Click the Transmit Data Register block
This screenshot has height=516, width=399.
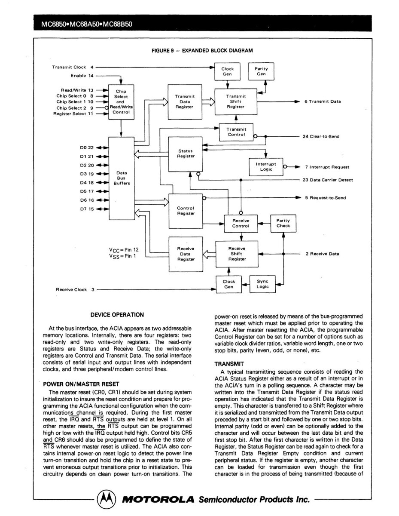(x=185, y=102)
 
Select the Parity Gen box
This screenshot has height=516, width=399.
(x=261, y=71)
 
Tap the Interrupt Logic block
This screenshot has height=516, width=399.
(x=266, y=167)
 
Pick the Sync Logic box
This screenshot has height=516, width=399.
(x=262, y=284)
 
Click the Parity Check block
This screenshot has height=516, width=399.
(x=283, y=223)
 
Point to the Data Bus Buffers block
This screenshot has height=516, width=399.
(x=122, y=178)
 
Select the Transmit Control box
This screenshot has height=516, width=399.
(x=236, y=132)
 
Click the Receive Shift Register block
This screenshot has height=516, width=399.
(x=237, y=254)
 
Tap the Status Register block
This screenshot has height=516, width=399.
(x=186, y=154)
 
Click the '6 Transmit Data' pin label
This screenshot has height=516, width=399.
(x=323, y=101)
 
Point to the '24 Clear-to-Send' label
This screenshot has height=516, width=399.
(x=321, y=137)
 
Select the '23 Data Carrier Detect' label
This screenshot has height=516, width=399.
(x=328, y=180)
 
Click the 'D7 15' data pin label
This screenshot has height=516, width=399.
(x=87, y=209)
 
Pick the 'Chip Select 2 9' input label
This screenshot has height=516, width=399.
(x=75, y=108)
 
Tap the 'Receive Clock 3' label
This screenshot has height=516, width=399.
(x=75, y=289)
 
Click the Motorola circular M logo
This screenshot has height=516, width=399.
(x=107, y=499)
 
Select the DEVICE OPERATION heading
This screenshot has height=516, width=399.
(x=117, y=315)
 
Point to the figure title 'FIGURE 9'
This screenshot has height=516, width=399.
(x=162, y=51)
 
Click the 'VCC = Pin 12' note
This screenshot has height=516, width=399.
(x=124, y=250)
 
